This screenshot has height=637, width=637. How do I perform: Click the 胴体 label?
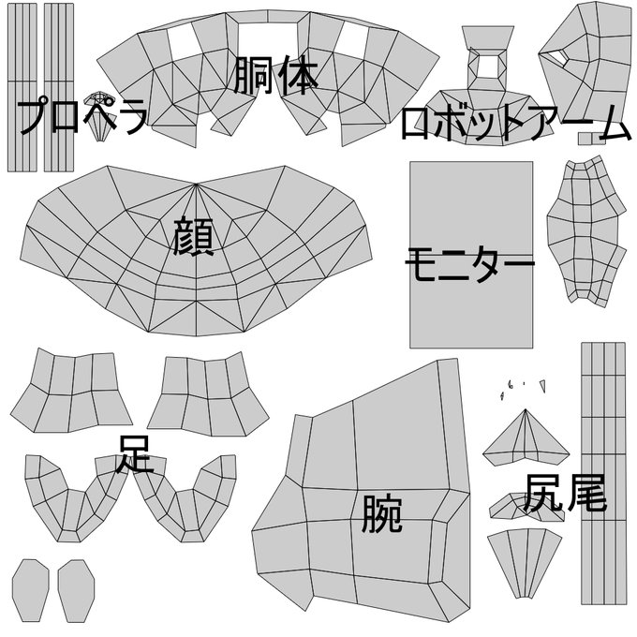point(277,76)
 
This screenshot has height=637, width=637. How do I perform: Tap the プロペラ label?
point(82,116)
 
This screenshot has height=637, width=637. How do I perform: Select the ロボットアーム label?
point(515,124)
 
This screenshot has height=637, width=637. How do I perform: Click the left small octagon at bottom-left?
point(31,591)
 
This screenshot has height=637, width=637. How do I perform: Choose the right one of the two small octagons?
point(77,591)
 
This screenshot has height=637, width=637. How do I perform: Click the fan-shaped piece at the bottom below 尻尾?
point(526,558)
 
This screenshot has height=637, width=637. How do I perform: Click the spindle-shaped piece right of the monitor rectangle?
point(586,230)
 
